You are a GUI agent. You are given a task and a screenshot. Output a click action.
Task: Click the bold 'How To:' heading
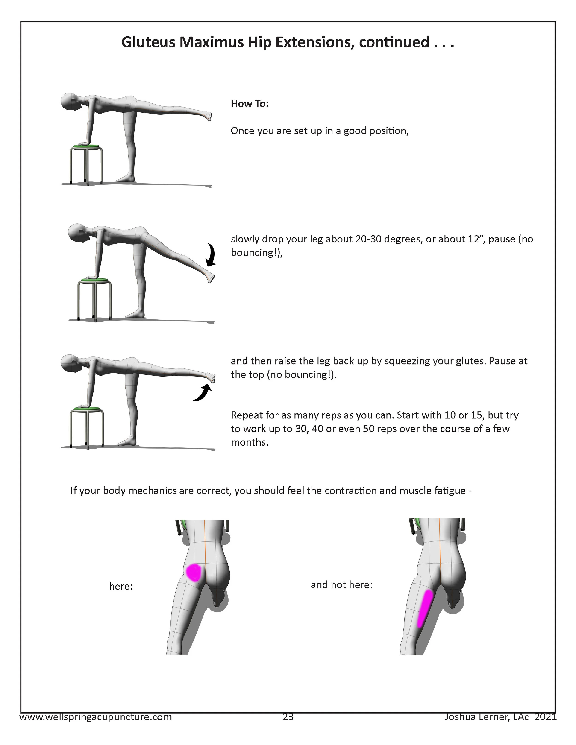pos(250,104)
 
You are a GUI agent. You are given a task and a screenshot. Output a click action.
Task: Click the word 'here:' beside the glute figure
pos(121,586)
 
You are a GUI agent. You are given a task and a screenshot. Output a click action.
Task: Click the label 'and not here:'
pos(342,585)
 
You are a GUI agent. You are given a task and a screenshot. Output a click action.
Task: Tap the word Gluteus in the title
pos(149,42)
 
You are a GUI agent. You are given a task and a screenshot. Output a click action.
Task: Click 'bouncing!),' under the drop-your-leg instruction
pos(257,253)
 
